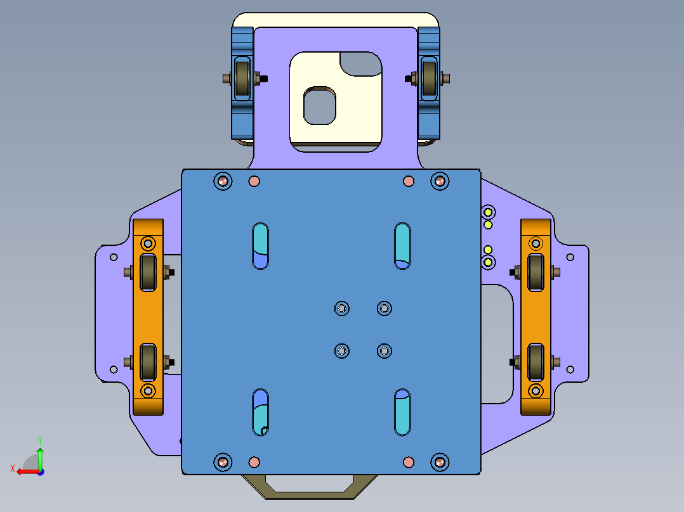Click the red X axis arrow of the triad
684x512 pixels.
coord(23,471)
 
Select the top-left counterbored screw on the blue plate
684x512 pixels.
coord(223,181)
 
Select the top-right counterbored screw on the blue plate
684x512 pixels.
coord(440,181)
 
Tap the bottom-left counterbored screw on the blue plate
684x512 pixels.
coord(223,462)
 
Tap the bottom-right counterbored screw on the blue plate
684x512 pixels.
coord(440,462)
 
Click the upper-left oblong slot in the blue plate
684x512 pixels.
coord(261,246)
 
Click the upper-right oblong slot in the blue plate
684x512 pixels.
coord(402,246)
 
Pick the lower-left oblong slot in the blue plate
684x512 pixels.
coord(261,413)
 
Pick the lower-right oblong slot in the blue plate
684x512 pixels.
coord(402,413)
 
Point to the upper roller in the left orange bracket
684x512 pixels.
coord(148,273)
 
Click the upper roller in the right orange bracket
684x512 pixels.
coord(536,272)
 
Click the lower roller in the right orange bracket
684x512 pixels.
coord(536,362)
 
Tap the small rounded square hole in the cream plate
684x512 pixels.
coord(319,106)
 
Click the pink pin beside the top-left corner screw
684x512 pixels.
coord(254,181)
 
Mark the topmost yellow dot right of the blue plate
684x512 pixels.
coord(489,212)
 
